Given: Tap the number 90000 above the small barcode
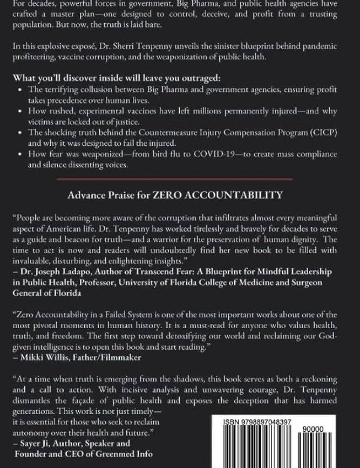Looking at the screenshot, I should coord(314,429).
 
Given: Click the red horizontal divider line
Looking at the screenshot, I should coord(180,178).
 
